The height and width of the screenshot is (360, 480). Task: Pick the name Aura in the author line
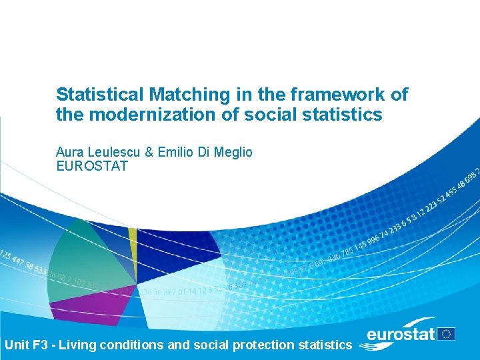pos(69,153)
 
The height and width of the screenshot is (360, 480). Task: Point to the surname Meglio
pos(233,153)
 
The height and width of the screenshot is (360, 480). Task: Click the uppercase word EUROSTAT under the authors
pos(91,166)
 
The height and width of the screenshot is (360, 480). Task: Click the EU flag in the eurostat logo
pos(447,334)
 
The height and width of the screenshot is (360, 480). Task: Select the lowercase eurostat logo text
pos(401,335)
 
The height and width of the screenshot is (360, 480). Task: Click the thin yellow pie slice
pos(133,239)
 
